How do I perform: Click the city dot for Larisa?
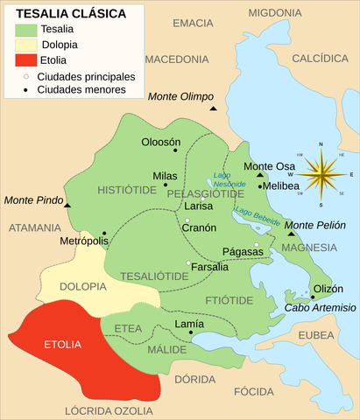(x=201, y=199)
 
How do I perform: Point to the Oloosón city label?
(x=160, y=142)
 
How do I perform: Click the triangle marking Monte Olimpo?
(x=213, y=108)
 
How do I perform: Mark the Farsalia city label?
(x=210, y=267)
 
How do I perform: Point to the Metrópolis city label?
(x=84, y=241)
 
